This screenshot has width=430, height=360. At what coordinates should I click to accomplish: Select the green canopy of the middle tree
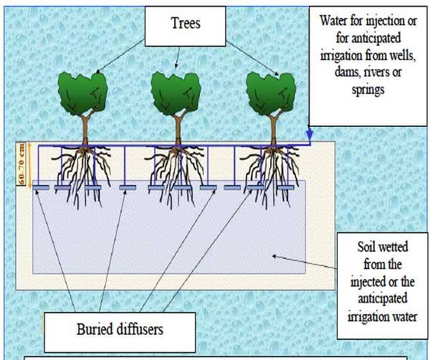(177, 92)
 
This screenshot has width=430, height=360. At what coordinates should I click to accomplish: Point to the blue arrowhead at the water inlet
(309, 135)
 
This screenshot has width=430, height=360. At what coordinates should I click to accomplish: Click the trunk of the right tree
(272, 130)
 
